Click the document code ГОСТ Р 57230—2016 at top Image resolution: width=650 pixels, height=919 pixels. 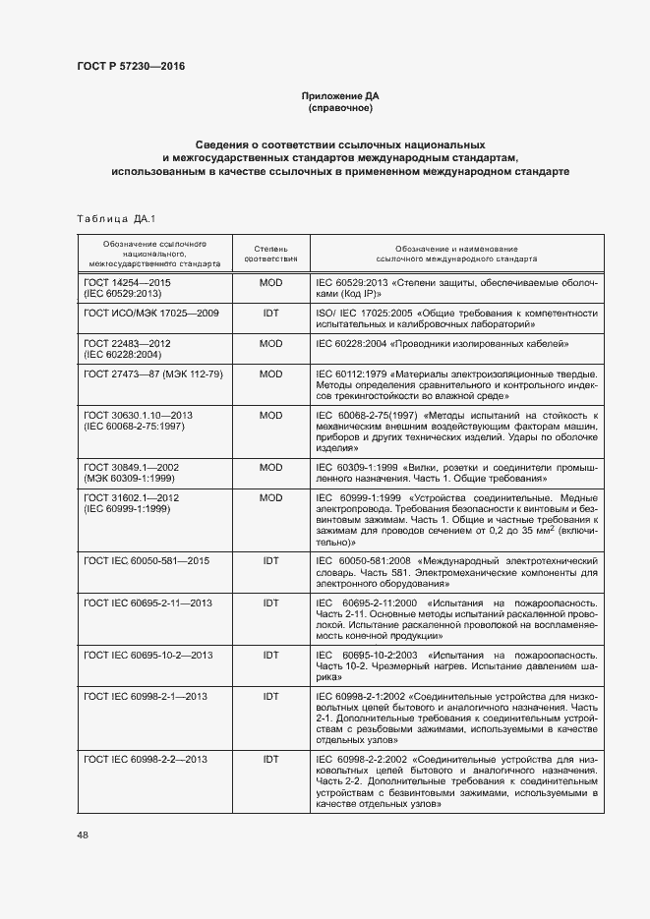tap(131, 67)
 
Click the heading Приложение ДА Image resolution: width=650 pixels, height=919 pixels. tap(339, 96)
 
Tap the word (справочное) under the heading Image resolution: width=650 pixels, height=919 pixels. tap(339, 108)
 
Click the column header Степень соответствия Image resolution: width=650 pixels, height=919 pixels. tap(270, 254)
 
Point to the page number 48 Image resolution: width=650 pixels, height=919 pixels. tap(83, 833)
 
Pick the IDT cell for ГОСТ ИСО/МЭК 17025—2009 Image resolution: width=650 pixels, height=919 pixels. tap(270, 313)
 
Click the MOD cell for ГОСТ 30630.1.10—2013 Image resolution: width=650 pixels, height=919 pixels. tap(270, 416)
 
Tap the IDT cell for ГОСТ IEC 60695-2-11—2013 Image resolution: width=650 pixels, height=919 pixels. tap(270, 602)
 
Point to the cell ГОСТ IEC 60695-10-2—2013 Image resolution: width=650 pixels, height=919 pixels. tap(148, 654)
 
